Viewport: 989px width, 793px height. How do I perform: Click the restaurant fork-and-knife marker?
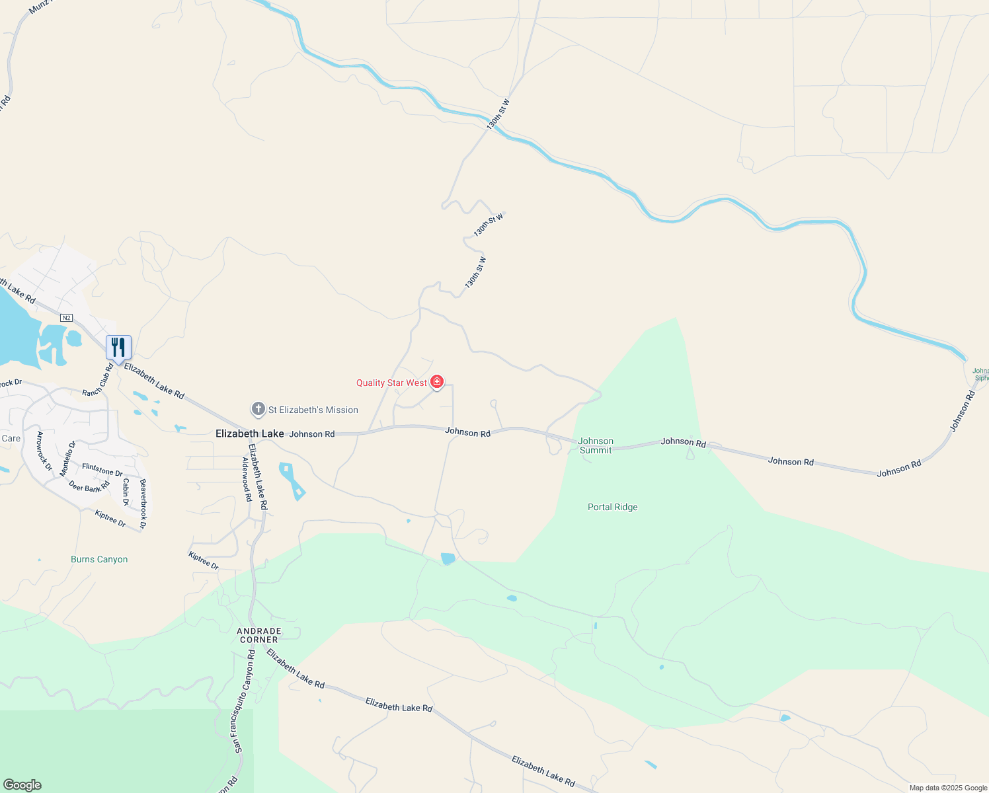[x=118, y=348]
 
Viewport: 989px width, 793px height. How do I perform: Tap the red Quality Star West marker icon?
[x=437, y=382]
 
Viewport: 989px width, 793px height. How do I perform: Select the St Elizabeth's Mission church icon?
[x=258, y=410]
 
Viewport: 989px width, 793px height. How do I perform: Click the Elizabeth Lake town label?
[x=250, y=434]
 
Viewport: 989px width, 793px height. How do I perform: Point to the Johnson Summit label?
[x=596, y=445]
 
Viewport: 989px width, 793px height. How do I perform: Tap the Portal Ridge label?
[x=613, y=507]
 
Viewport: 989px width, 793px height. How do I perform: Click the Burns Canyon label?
[x=99, y=559]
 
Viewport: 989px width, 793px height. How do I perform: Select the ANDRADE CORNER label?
[x=259, y=635]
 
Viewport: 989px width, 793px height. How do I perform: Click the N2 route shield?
[x=66, y=318]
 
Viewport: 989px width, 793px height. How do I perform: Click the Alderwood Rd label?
[x=247, y=479]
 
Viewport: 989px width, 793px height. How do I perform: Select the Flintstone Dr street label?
[x=102, y=470]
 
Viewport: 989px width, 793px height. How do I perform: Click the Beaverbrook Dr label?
[x=142, y=504]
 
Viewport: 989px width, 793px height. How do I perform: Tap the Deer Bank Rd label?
[x=89, y=487]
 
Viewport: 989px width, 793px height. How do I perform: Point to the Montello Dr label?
[x=67, y=459]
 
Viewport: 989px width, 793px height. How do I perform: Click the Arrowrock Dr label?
[x=44, y=451]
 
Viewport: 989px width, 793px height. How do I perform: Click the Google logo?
[x=22, y=785]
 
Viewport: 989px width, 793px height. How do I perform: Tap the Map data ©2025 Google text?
[x=948, y=788]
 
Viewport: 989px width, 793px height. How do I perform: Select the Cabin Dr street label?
[x=126, y=492]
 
